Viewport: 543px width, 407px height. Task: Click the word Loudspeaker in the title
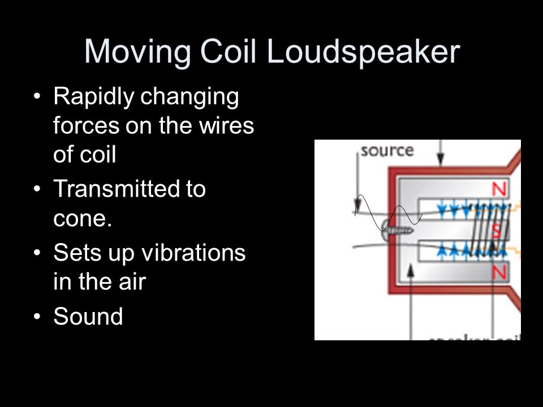pos(363,52)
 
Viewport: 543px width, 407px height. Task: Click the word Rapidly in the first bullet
pos(92,97)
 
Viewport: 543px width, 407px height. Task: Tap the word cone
pos(80,218)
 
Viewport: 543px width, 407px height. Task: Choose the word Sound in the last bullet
pos(88,317)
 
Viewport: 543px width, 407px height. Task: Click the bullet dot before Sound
pos(37,317)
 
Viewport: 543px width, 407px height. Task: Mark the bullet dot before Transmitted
pos(37,189)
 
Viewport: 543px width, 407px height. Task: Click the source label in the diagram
pos(387,151)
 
